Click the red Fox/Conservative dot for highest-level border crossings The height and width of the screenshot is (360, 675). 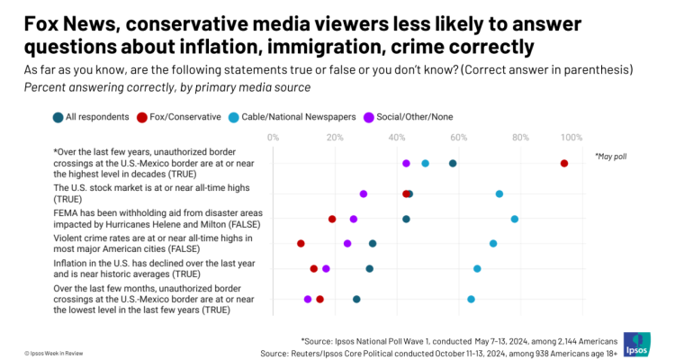click(x=564, y=163)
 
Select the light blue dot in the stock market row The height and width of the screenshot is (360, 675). click(x=499, y=193)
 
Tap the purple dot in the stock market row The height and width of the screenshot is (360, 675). click(x=364, y=193)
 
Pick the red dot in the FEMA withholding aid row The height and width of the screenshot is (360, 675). click(x=332, y=219)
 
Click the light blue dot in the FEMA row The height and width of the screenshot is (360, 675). click(x=515, y=219)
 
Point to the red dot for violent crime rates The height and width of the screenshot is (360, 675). click(x=301, y=243)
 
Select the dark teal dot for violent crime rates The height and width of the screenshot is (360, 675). click(x=373, y=243)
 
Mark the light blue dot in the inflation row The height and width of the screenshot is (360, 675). click(x=477, y=268)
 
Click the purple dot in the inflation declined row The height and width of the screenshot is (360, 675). click(x=326, y=268)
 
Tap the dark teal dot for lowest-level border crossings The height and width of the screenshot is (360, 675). click(x=356, y=299)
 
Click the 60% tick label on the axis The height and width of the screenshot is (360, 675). click(x=458, y=137)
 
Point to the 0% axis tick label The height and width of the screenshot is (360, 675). click(x=273, y=137)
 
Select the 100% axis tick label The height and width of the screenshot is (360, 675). click(x=571, y=137)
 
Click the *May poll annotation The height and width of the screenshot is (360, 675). click(x=610, y=157)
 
